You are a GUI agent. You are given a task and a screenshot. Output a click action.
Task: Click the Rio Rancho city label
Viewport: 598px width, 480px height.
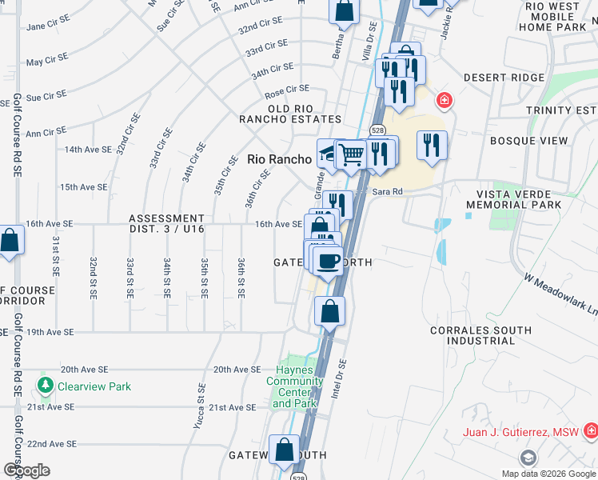coord(279,159)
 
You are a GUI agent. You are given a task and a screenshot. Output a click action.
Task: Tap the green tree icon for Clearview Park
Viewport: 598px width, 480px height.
coord(46,386)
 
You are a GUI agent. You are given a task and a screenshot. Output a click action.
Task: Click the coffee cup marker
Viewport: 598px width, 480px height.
coord(328,261)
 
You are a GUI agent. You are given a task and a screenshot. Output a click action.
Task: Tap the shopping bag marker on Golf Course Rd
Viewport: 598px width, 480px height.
coord(9,240)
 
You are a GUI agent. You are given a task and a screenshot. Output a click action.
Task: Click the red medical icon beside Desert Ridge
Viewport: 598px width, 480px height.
coord(443,101)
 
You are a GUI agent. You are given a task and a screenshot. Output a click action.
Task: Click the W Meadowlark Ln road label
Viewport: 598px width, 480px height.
coord(560,295)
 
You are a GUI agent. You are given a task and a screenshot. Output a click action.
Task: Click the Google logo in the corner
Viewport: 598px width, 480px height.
coord(26,470)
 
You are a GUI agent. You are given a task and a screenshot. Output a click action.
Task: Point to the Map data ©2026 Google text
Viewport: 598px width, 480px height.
coord(548,474)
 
